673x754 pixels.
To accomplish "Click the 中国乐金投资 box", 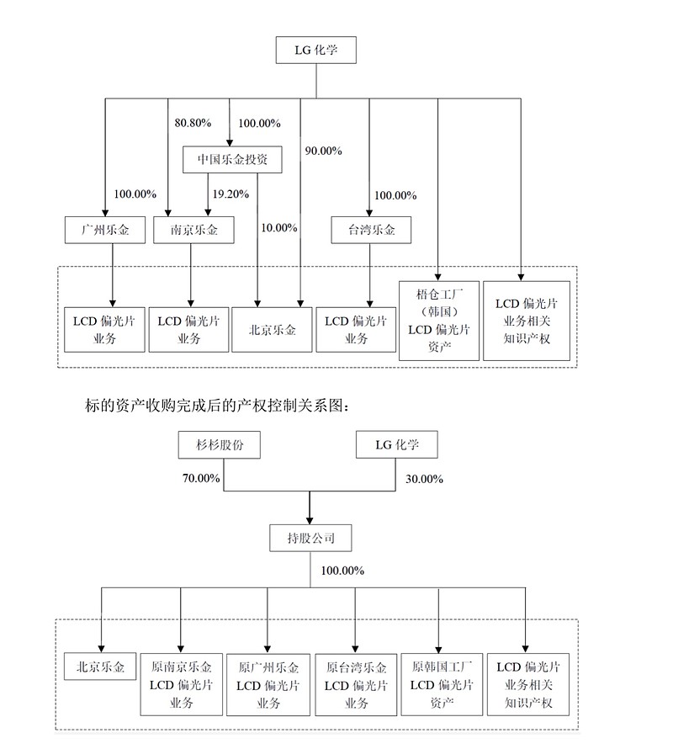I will click(232, 158).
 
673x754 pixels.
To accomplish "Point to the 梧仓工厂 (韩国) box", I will click(437, 320).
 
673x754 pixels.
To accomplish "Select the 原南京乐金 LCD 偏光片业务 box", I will click(182, 684).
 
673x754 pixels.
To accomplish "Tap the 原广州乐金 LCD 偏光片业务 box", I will click(268, 684).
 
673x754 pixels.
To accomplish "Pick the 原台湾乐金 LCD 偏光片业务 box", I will click(355, 684).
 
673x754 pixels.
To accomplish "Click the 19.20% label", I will click(231, 194).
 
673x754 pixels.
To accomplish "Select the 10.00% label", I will click(279, 227).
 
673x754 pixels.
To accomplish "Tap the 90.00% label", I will click(323, 151).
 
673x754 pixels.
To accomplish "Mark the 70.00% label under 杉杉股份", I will click(200, 478).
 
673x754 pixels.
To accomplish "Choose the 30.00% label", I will click(422, 478).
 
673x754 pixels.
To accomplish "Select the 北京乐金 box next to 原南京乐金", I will click(99, 667).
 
